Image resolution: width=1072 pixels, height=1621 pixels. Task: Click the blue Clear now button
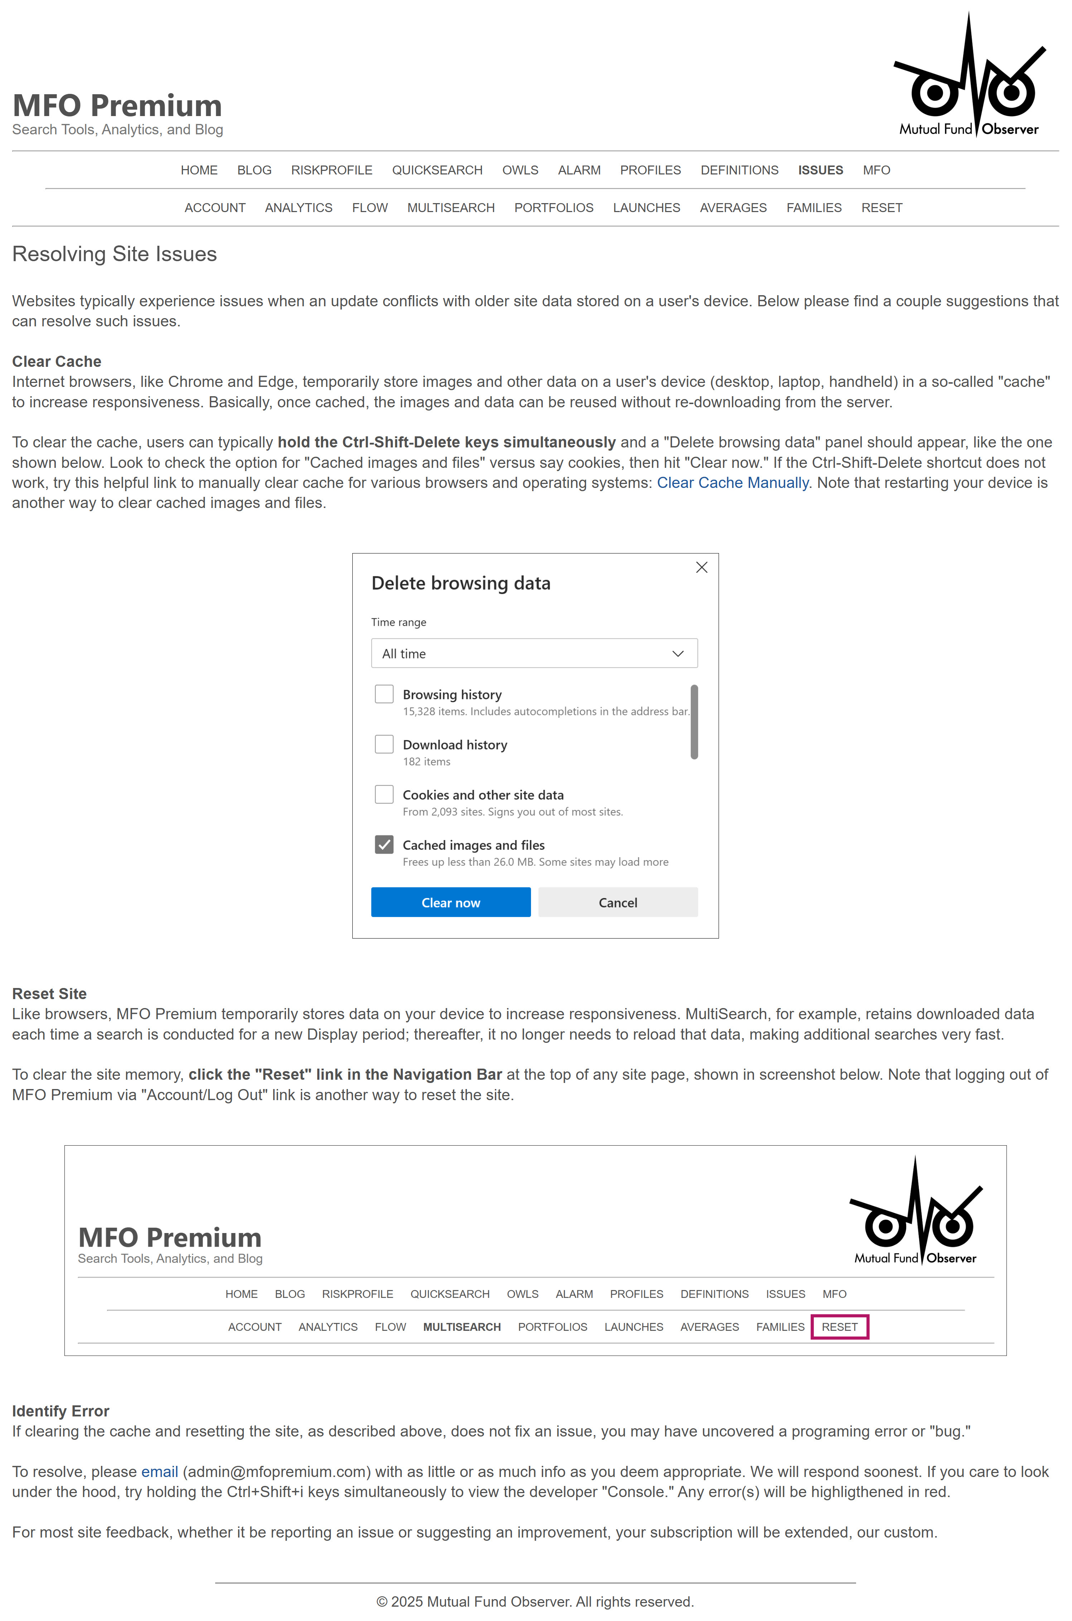pos(450,902)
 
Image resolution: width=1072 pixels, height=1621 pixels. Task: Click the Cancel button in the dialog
pos(617,902)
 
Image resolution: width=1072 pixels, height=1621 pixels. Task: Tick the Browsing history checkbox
pos(384,694)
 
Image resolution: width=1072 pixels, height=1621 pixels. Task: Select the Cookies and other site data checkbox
pos(384,794)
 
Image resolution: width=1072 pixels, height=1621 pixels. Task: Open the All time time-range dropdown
pos(534,653)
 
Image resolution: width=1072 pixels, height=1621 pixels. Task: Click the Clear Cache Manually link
pos(732,483)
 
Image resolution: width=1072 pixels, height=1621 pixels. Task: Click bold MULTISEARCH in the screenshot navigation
pos(462,1326)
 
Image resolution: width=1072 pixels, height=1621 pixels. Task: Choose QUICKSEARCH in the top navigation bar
pos(437,170)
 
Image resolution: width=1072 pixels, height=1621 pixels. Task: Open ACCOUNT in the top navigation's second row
pos(215,208)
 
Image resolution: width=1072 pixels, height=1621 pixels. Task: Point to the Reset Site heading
pos(49,993)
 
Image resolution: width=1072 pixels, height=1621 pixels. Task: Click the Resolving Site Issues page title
pos(114,254)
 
